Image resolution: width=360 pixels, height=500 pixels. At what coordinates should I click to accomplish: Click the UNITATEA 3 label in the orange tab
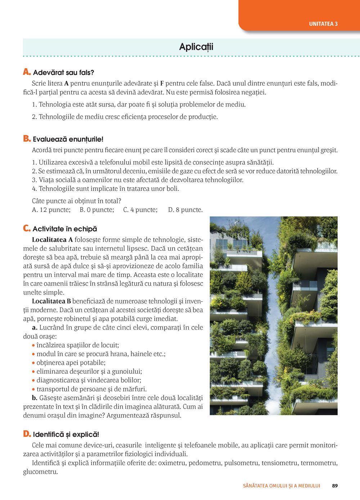(x=323, y=24)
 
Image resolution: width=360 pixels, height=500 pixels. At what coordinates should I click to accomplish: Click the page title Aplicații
(x=196, y=47)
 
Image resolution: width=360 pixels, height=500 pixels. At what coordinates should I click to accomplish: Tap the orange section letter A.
(x=27, y=72)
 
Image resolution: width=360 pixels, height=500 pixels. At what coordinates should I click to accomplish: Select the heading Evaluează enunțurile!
(x=68, y=139)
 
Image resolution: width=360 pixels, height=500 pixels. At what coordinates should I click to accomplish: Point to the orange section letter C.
(x=27, y=228)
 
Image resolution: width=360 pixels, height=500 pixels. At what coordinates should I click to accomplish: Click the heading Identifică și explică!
(x=66, y=435)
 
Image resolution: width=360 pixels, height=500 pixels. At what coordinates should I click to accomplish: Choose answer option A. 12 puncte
(x=51, y=210)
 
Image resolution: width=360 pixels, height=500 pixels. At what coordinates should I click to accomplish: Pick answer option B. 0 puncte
(x=97, y=210)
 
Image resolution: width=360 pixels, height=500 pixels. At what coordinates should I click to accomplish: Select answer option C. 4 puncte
(x=140, y=210)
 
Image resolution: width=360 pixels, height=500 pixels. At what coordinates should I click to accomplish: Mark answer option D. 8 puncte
(x=185, y=210)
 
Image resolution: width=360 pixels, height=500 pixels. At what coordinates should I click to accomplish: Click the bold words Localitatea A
(x=52, y=240)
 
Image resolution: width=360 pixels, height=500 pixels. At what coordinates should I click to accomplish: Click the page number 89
(x=335, y=486)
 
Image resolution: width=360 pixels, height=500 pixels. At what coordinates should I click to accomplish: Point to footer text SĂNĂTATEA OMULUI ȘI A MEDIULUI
(x=282, y=486)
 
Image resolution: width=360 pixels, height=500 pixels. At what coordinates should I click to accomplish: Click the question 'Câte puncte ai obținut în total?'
(x=76, y=201)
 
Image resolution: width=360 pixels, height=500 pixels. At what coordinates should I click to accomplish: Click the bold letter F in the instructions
(x=162, y=83)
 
